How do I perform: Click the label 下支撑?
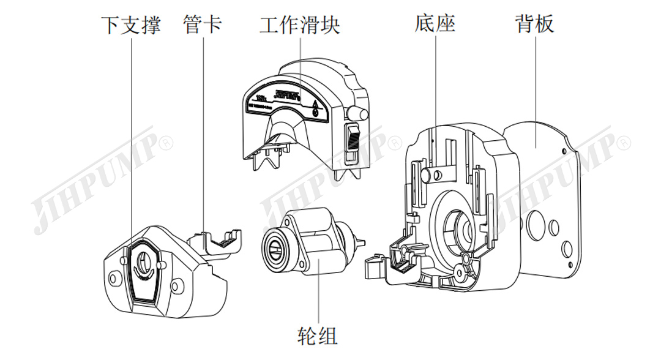(x=130, y=25)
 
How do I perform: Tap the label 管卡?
(x=202, y=25)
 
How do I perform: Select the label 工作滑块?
(x=299, y=25)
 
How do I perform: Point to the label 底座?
(x=435, y=25)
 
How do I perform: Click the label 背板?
(x=534, y=25)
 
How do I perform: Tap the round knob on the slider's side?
(x=359, y=113)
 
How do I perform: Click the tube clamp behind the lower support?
(x=217, y=241)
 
